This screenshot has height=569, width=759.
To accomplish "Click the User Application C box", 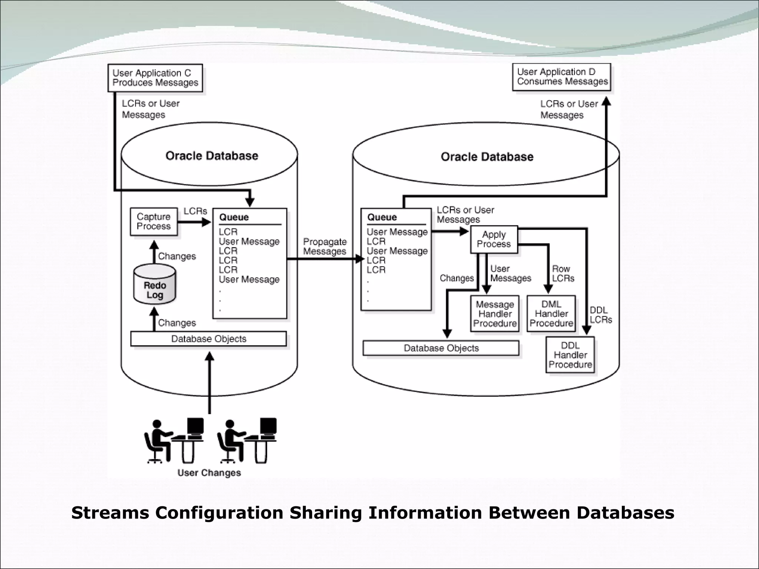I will tap(155, 78).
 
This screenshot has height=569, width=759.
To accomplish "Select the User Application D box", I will tap(561, 77).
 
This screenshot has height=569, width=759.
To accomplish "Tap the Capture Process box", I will tap(153, 222).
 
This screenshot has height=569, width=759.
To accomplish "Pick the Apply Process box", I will tap(494, 239).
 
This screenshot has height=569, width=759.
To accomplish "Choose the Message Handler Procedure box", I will tap(494, 314).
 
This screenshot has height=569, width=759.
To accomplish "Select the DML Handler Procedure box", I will tap(551, 313).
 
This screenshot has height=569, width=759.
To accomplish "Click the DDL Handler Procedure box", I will tap(570, 355).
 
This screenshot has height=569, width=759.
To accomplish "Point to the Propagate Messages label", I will tap(325, 246).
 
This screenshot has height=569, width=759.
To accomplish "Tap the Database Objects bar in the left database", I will tap(208, 339).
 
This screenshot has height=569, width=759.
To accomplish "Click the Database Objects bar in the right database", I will tap(441, 348).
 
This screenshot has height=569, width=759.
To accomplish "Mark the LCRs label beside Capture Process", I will tap(195, 211).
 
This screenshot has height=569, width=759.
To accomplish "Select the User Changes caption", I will tap(209, 473).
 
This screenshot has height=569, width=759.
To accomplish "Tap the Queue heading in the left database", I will tap(234, 217).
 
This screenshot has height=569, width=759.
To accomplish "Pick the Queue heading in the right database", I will tap(382, 217).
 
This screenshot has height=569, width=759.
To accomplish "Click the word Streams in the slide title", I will tap(110, 513).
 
